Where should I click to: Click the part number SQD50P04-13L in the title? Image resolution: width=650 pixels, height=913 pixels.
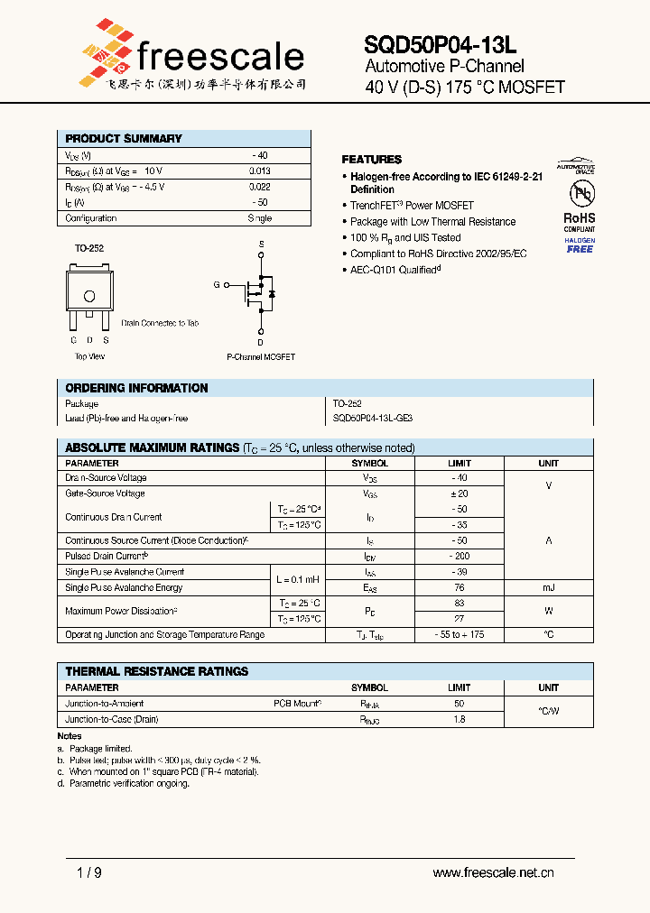tap(441, 45)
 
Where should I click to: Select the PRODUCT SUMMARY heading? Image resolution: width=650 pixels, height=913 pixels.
tap(124, 139)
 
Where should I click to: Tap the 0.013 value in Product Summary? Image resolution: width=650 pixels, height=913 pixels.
tap(259, 171)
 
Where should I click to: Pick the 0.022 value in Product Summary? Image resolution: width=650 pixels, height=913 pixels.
tap(259, 187)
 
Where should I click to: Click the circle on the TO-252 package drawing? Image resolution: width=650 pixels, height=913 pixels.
tap(89, 296)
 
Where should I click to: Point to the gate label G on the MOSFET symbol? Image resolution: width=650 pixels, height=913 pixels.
tap(217, 284)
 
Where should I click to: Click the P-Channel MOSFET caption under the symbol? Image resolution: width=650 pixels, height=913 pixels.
tap(261, 357)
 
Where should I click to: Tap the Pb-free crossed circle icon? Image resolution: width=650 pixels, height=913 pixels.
tap(580, 194)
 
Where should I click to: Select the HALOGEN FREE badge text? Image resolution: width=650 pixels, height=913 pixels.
tap(580, 245)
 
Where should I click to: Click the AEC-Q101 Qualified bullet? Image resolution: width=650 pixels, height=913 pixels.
tap(395, 270)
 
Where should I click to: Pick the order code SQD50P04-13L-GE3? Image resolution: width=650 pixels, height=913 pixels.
tap(374, 419)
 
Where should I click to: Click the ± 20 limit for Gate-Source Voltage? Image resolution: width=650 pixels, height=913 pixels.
tap(459, 493)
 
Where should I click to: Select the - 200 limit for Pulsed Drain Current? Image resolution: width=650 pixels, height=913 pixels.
tap(459, 557)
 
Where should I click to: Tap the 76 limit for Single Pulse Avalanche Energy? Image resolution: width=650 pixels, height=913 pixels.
tap(459, 587)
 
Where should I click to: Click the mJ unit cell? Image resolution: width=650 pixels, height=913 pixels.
tap(548, 587)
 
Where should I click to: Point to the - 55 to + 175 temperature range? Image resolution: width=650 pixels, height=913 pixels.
tap(459, 635)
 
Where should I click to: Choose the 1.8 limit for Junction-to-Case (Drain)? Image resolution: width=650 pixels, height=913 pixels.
tap(459, 720)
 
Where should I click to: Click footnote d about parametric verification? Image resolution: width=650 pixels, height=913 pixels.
tap(123, 784)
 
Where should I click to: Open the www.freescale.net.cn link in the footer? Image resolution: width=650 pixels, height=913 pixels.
tap(493, 872)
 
